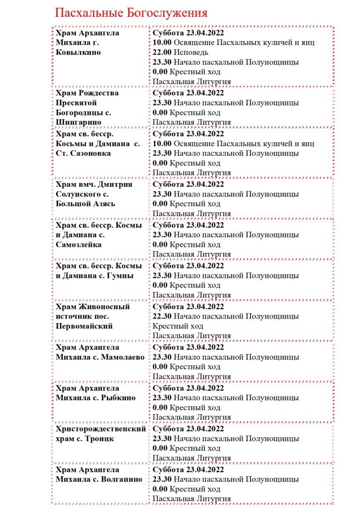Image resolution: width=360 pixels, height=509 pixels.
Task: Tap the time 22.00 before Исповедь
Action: click(162, 52)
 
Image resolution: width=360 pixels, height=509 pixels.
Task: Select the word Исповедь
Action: click(191, 52)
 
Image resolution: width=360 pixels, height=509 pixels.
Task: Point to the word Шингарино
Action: click(79, 122)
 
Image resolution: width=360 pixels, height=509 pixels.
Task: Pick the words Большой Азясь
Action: click(85, 204)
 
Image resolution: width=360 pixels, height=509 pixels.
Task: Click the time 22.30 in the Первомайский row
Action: click(162, 316)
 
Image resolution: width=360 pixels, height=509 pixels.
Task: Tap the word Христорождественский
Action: click(101, 428)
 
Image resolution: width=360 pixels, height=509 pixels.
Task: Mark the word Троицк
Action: click(102, 438)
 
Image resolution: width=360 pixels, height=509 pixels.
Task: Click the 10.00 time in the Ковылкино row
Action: click(162, 42)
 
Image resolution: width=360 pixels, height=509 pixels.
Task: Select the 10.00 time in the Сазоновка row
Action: click(162, 144)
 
